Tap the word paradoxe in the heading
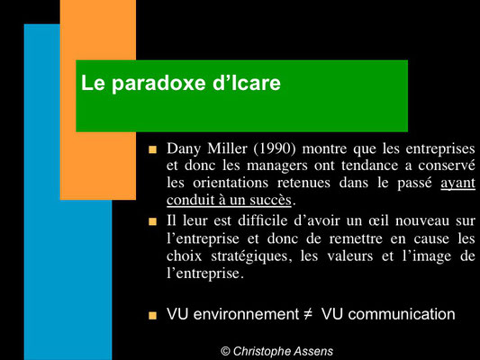158,84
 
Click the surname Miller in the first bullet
227,148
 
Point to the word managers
277,166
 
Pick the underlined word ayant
458,184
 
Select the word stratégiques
249,256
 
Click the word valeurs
349,256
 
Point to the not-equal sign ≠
308,314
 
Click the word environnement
246,314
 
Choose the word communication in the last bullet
402,314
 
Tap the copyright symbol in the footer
225,351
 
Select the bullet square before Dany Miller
152,149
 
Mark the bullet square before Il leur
152,221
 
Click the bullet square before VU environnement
152,316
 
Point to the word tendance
369,166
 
